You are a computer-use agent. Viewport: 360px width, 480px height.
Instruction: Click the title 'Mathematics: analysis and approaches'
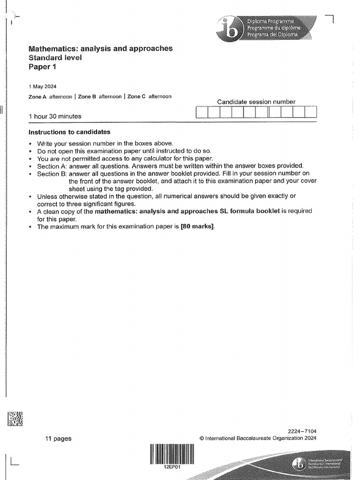pyautogui.click(x=100, y=48)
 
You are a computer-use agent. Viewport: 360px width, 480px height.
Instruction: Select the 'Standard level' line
pyautogui.click(x=55, y=58)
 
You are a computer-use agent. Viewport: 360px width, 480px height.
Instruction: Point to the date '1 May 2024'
pyautogui.click(x=43, y=87)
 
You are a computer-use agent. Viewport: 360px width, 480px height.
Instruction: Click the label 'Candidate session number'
pyautogui.click(x=256, y=102)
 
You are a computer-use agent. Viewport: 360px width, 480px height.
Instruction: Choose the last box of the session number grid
pyautogui.click(x=311, y=112)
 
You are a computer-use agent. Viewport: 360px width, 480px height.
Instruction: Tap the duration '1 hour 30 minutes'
pyautogui.click(x=55, y=116)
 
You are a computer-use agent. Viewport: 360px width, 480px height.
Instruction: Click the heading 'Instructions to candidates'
pyautogui.click(x=69, y=132)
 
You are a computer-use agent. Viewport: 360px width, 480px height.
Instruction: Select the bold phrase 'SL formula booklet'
pyautogui.click(x=249, y=211)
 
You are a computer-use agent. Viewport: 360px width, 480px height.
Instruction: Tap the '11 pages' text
pyautogui.click(x=59, y=439)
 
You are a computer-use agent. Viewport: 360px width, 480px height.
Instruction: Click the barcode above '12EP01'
pyautogui.click(x=172, y=453)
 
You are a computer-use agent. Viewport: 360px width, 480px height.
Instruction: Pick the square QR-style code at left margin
pyautogui.click(x=15, y=418)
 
